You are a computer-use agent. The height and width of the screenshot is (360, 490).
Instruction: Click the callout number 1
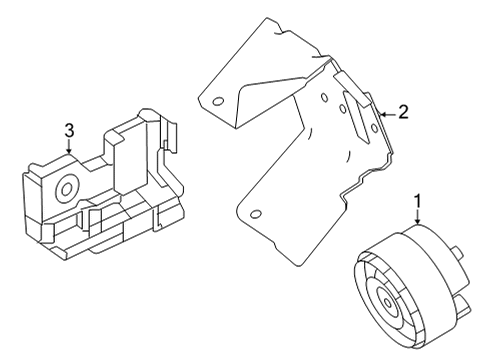417,201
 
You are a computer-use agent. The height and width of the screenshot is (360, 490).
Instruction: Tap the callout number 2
403,112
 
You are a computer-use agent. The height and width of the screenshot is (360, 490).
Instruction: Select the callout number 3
69,130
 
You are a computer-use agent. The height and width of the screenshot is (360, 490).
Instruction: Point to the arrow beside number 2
388,115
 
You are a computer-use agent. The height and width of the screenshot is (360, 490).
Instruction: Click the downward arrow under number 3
69,146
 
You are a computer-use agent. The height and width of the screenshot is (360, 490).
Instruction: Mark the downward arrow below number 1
417,217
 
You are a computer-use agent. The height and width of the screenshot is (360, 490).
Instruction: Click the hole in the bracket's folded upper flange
218,101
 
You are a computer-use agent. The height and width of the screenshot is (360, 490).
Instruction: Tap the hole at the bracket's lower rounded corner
255,214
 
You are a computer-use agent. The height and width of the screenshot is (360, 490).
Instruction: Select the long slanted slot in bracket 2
356,117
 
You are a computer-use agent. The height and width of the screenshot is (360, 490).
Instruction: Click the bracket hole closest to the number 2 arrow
374,128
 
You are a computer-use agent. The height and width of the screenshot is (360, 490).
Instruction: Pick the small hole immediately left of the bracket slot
342,108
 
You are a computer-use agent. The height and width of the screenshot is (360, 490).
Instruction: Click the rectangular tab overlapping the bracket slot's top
352,89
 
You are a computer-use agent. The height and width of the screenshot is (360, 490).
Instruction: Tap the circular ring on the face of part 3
67,189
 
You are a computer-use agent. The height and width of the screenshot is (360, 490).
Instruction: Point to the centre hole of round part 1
388,303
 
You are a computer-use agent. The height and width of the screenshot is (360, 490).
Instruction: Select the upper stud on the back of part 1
457,253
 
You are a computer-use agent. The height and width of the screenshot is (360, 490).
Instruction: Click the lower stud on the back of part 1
462,305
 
